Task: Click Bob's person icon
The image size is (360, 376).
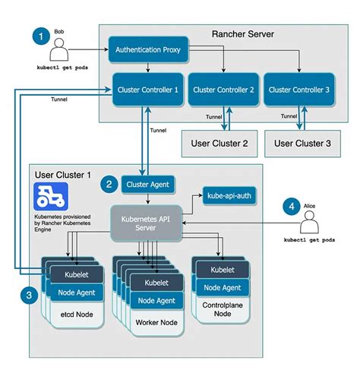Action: click(60, 50)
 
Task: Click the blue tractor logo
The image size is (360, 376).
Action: click(51, 197)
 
